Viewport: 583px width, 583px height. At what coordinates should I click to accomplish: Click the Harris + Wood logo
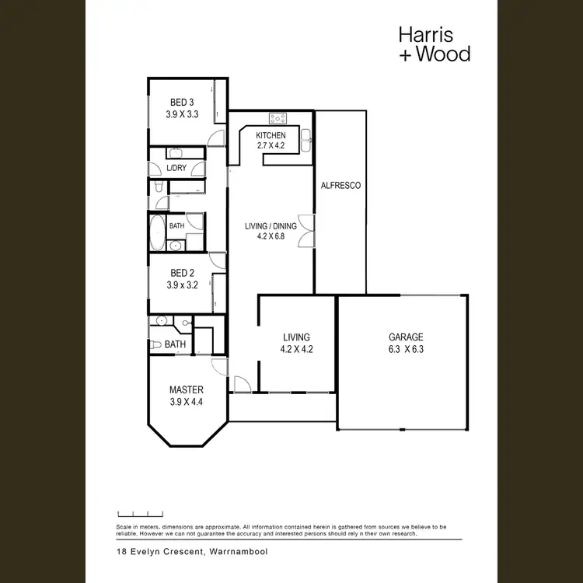click(x=434, y=44)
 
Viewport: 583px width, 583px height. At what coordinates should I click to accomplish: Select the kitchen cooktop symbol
click(x=278, y=119)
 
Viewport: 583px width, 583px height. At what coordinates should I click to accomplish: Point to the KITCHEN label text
click(x=271, y=135)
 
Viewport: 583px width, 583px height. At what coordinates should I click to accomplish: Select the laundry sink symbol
click(x=175, y=153)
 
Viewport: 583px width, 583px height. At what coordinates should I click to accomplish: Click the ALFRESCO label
click(x=340, y=186)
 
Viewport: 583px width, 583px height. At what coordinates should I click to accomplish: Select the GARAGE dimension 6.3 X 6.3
click(x=406, y=349)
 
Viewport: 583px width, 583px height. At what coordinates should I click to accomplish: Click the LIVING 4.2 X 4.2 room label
click(x=296, y=343)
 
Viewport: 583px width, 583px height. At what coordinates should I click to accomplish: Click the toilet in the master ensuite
click(x=156, y=344)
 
